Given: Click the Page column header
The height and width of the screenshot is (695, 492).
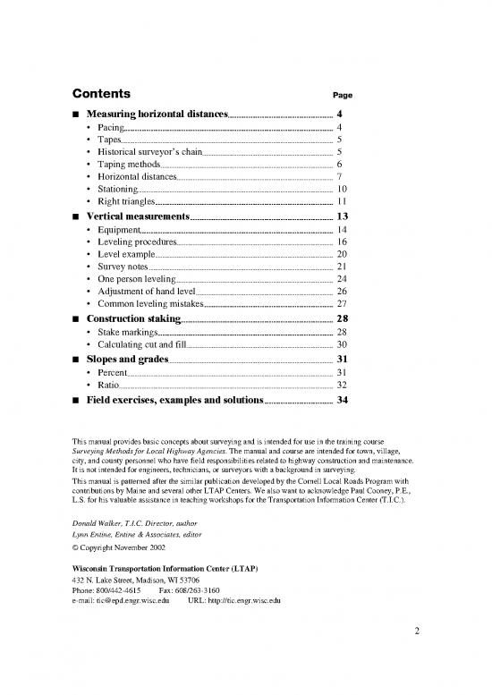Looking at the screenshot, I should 343,95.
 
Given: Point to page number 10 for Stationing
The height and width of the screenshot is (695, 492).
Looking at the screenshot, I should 341,191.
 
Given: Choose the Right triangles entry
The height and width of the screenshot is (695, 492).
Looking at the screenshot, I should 129,203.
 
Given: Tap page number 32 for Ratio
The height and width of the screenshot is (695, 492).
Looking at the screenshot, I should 341,386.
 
